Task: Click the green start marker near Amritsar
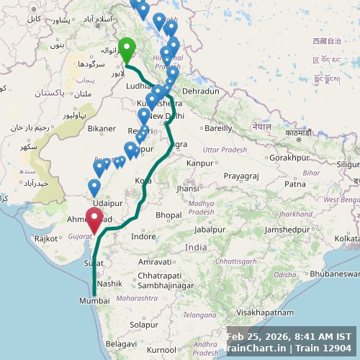tap(127, 49)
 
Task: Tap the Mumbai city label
tap(94, 301)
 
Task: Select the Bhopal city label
tap(168, 215)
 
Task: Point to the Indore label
tap(143, 236)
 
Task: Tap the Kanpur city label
tap(199, 163)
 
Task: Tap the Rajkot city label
tap(46, 238)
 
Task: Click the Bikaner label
tap(102, 129)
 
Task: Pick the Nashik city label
tap(109, 284)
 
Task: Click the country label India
tap(196, 247)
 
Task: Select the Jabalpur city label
tap(210, 230)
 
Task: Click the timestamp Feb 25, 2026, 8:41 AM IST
tap(289, 336)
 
